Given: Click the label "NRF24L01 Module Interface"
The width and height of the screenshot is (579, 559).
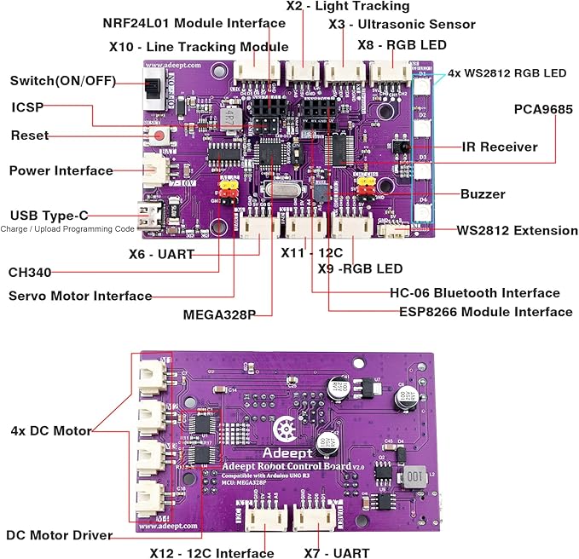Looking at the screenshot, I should pyautogui.click(x=182, y=23).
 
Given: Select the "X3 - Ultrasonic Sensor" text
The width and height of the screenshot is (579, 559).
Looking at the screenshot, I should pyautogui.click(x=402, y=24).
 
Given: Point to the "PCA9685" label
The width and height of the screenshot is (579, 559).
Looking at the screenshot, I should pyautogui.click(x=543, y=109).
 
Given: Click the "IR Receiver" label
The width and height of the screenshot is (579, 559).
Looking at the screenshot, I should pyautogui.click(x=499, y=147).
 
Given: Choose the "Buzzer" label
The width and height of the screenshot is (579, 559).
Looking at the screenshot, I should pyautogui.click(x=483, y=193).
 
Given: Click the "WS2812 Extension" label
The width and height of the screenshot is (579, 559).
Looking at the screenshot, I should pyautogui.click(x=517, y=230).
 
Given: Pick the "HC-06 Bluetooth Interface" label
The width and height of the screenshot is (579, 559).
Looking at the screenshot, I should pyautogui.click(x=475, y=292).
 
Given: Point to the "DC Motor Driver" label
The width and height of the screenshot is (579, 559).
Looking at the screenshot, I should pyautogui.click(x=61, y=535).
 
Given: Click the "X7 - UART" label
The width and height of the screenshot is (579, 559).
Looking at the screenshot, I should pyautogui.click(x=337, y=552).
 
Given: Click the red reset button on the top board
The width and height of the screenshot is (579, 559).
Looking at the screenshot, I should pyautogui.click(x=159, y=135).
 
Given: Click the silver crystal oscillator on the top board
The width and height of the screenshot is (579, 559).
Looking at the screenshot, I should pyautogui.click(x=279, y=193).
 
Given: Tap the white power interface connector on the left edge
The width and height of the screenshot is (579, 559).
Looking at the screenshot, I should pyautogui.click(x=154, y=169).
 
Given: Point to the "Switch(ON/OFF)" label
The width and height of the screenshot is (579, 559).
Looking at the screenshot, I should pyautogui.click(x=61, y=81).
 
